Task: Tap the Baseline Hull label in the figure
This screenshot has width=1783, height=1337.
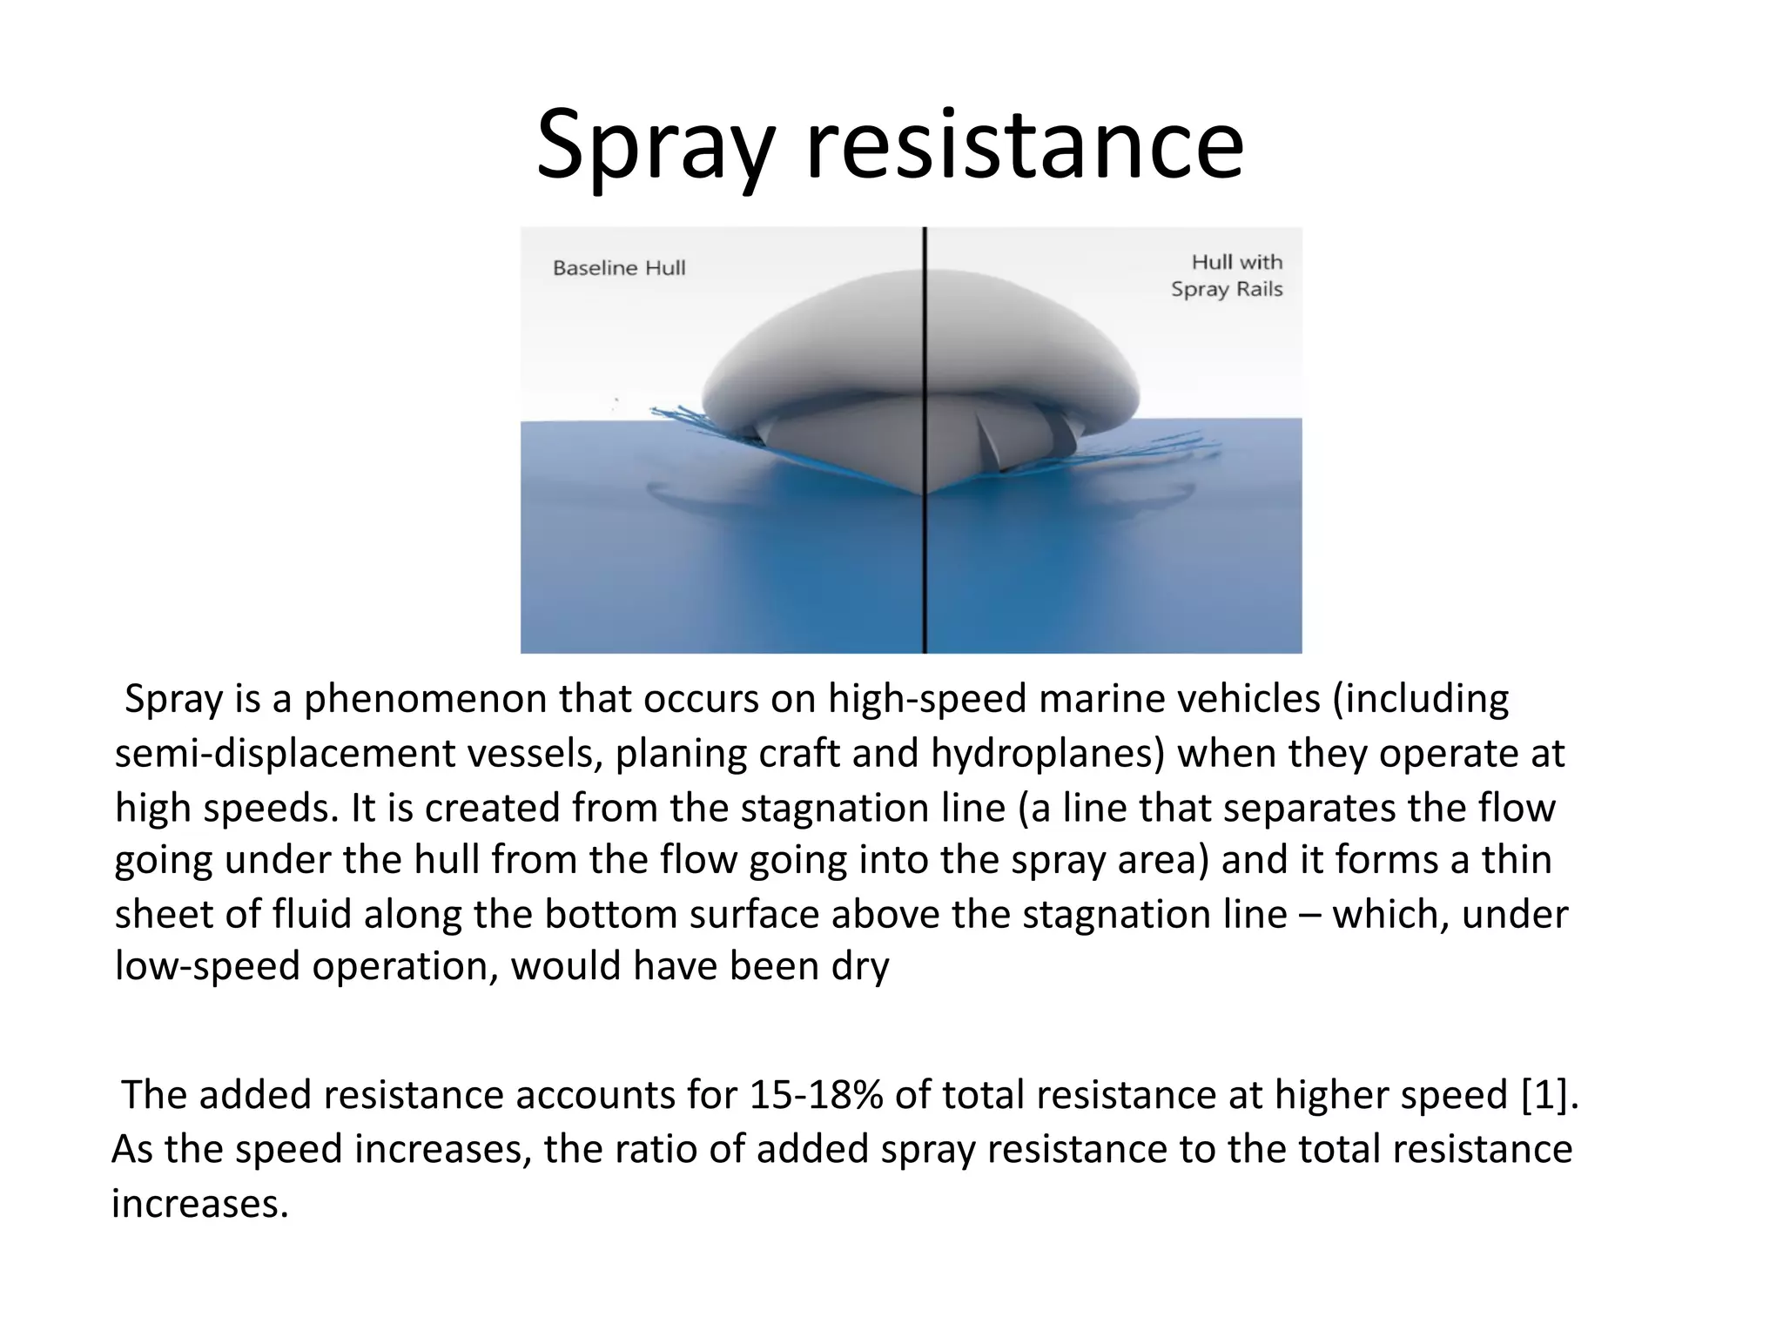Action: [x=619, y=268]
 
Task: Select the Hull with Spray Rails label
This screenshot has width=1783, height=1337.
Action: [x=1228, y=275]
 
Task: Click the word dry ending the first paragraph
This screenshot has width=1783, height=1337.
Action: [x=860, y=966]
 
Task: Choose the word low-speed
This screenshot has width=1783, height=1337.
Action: [x=207, y=966]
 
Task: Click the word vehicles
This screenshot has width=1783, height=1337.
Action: [x=1248, y=700]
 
